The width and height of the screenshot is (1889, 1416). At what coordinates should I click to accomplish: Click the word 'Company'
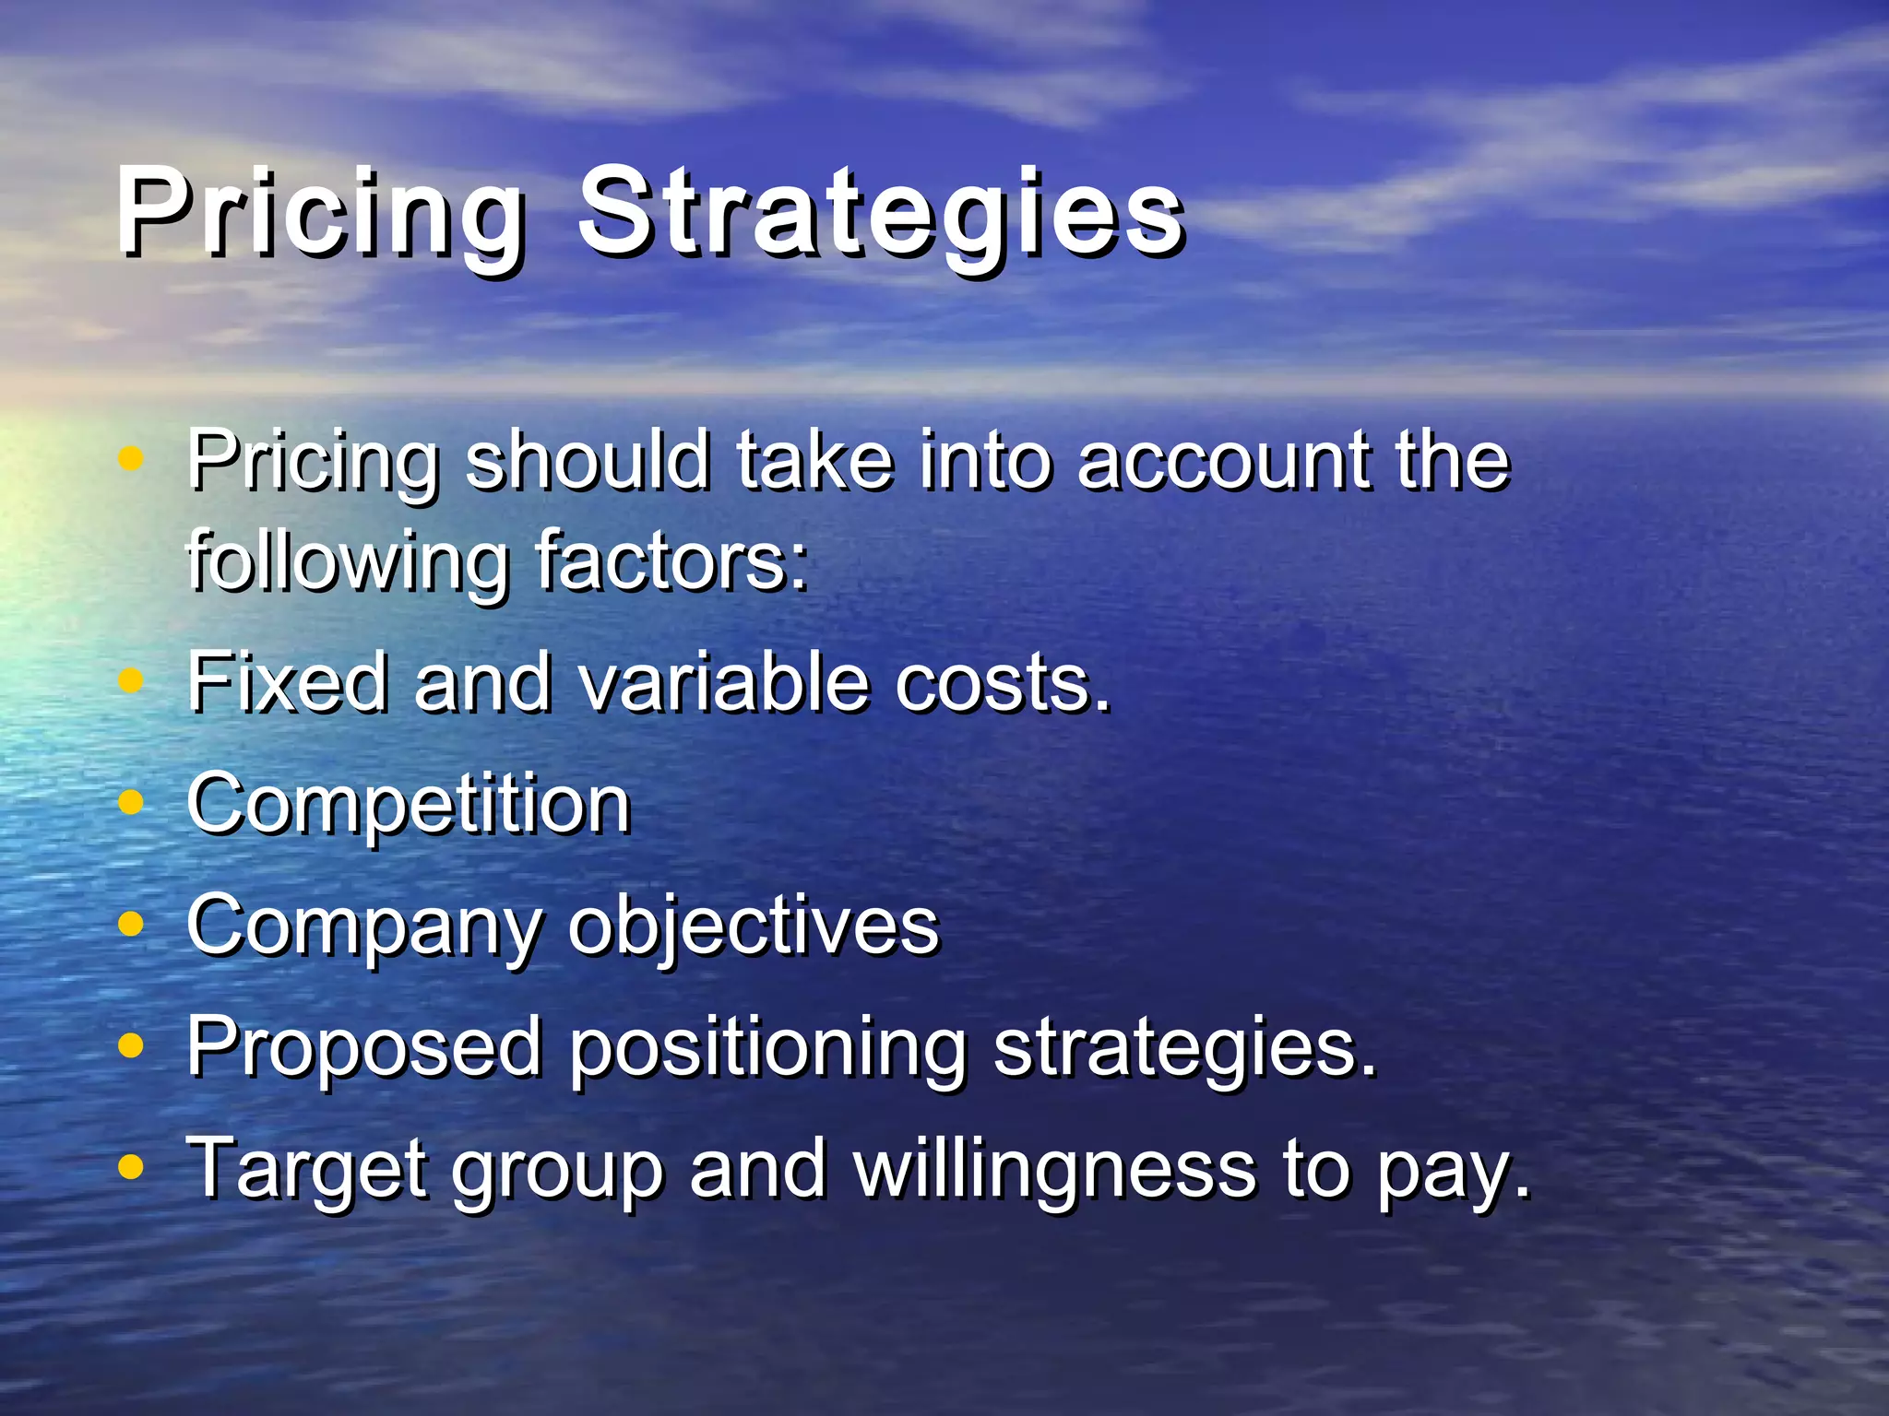point(365,927)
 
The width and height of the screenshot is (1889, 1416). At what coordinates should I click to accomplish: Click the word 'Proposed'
point(364,1047)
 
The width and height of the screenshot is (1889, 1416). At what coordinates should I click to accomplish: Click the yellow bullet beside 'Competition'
point(132,802)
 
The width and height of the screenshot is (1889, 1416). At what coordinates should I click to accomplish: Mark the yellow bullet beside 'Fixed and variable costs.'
point(132,680)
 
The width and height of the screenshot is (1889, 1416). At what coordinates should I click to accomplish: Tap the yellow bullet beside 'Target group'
point(132,1167)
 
